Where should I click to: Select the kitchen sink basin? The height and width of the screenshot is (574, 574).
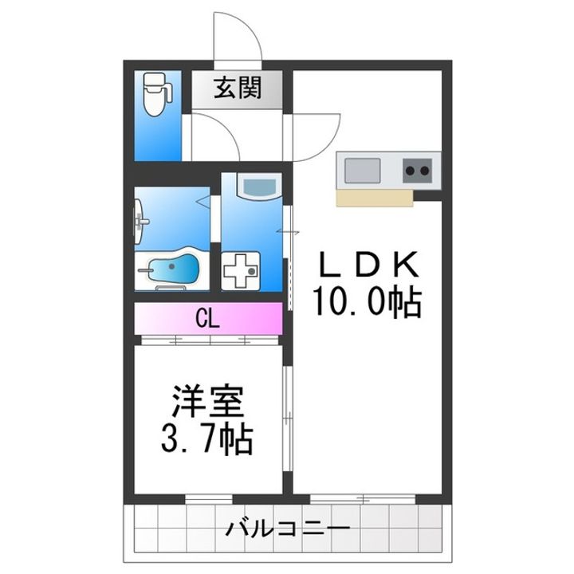pos(362,170)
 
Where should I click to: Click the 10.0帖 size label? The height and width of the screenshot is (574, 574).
pos(368,301)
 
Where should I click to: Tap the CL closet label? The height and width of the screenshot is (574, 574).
pos(208,320)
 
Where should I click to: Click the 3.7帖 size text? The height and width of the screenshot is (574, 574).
pos(210,438)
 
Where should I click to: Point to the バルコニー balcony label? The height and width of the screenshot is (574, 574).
pos(287,529)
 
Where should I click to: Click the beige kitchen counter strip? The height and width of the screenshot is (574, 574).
pos(375,197)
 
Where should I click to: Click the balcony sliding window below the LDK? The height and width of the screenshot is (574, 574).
pos(363,499)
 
